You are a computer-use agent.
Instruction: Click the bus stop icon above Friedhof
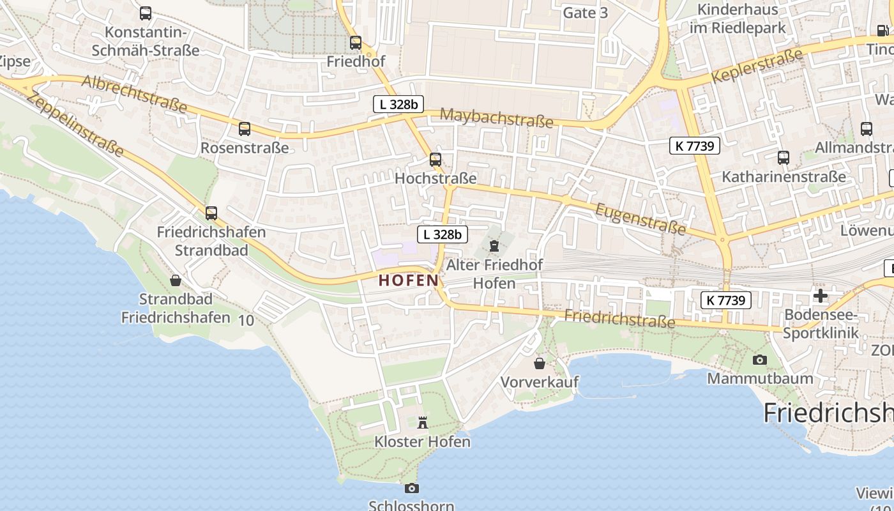(x=356, y=43)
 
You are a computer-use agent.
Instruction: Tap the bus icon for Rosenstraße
(x=245, y=129)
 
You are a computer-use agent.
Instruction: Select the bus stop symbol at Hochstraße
(x=436, y=159)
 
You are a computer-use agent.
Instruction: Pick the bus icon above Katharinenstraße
(x=784, y=157)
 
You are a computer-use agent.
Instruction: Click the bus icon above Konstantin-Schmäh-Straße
(x=146, y=13)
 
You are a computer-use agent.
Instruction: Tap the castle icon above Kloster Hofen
(x=422, y=422)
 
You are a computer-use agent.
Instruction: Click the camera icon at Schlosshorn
(x=412, y=488)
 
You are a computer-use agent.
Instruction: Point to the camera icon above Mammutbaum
(x=759, y=360)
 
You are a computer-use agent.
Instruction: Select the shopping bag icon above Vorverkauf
(x=540, y=363)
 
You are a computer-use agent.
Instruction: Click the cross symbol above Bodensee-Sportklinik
(x=821, y=296)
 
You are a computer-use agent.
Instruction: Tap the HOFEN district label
(x=409, y=280)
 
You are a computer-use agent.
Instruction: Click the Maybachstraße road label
(x=496, y=118)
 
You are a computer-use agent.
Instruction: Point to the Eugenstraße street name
(x=640, y=218)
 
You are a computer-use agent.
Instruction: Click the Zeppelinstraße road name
(x=75, y=124)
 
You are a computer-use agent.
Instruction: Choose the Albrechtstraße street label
(x=134, y=93)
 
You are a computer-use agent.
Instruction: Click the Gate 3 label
(x=585, y=13)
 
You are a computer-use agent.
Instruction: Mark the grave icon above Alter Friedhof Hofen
(x=494, y=245)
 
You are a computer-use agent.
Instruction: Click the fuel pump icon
(x=883, y=30)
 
